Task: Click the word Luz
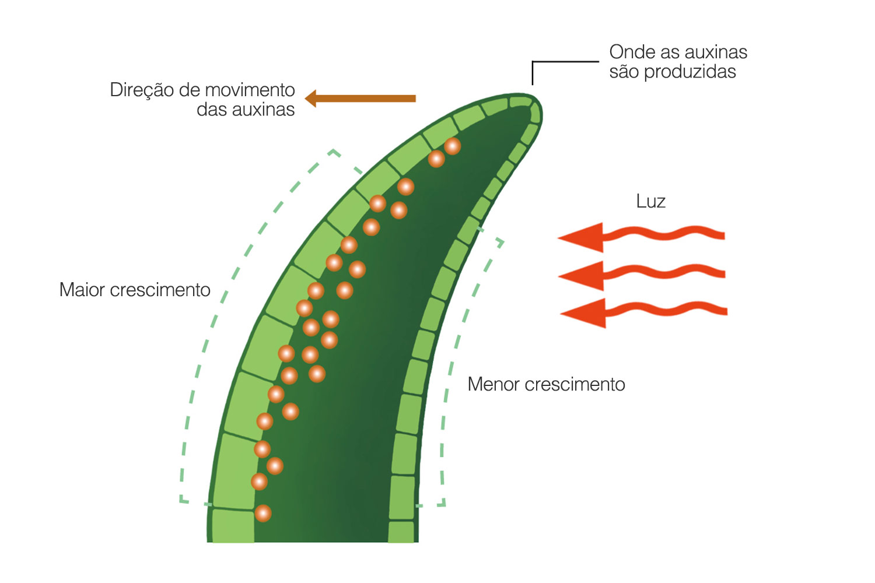[650, 201]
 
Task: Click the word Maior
[82, 290]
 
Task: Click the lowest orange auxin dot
[263, 513]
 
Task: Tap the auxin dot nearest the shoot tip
[453, 146]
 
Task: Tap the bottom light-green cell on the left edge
[232, 525]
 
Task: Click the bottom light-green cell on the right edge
[401, 531]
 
